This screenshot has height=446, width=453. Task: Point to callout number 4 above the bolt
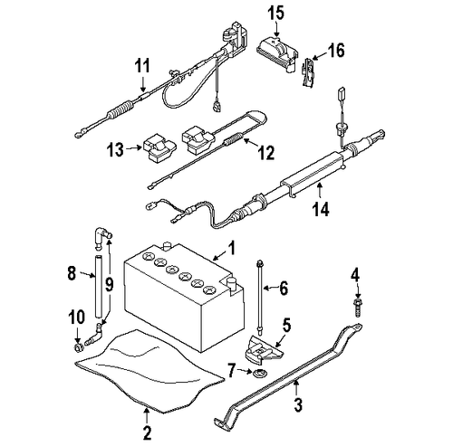(x=356, y=275)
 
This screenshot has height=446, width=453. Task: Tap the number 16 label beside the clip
(x=337, y=53)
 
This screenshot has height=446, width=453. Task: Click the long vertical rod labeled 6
(x=261, y=294)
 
